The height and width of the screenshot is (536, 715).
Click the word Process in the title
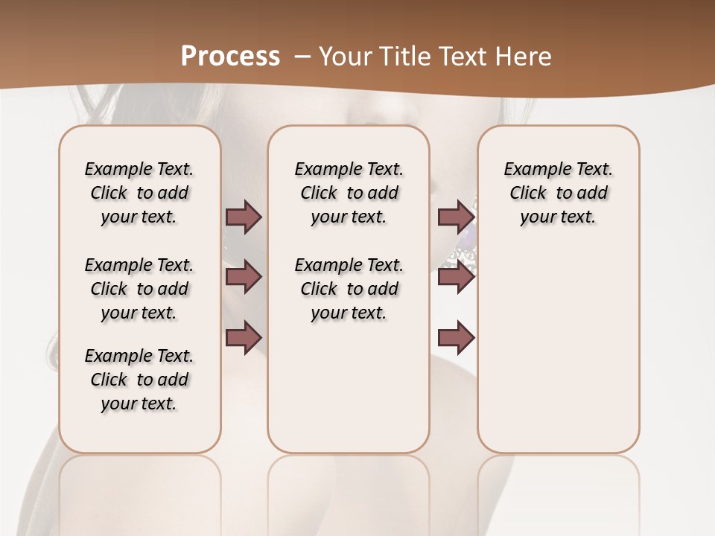pos(230,57)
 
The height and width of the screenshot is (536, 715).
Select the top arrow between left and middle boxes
pos(244,217)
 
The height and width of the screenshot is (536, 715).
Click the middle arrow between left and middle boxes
pos(244,278)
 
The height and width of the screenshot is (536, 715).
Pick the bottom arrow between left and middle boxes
pos(244,337)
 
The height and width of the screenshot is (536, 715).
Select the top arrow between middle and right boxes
pos(455,217)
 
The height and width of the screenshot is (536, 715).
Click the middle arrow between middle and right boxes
pos(455,278)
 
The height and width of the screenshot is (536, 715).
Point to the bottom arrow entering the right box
pos(455,338)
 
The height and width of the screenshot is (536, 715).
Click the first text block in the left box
pos(139,193)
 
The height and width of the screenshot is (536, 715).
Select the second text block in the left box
pos(139,289)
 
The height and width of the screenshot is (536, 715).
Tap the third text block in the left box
pos(139,380)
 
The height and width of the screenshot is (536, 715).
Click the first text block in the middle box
pos(349,193)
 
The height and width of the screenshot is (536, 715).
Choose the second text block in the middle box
pos(349,289)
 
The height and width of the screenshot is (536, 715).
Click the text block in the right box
pos(558,193)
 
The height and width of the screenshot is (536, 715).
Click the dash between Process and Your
pos(302,57)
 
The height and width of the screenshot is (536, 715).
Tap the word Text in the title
pos(468,57)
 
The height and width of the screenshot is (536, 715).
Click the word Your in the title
pos(346,57)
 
